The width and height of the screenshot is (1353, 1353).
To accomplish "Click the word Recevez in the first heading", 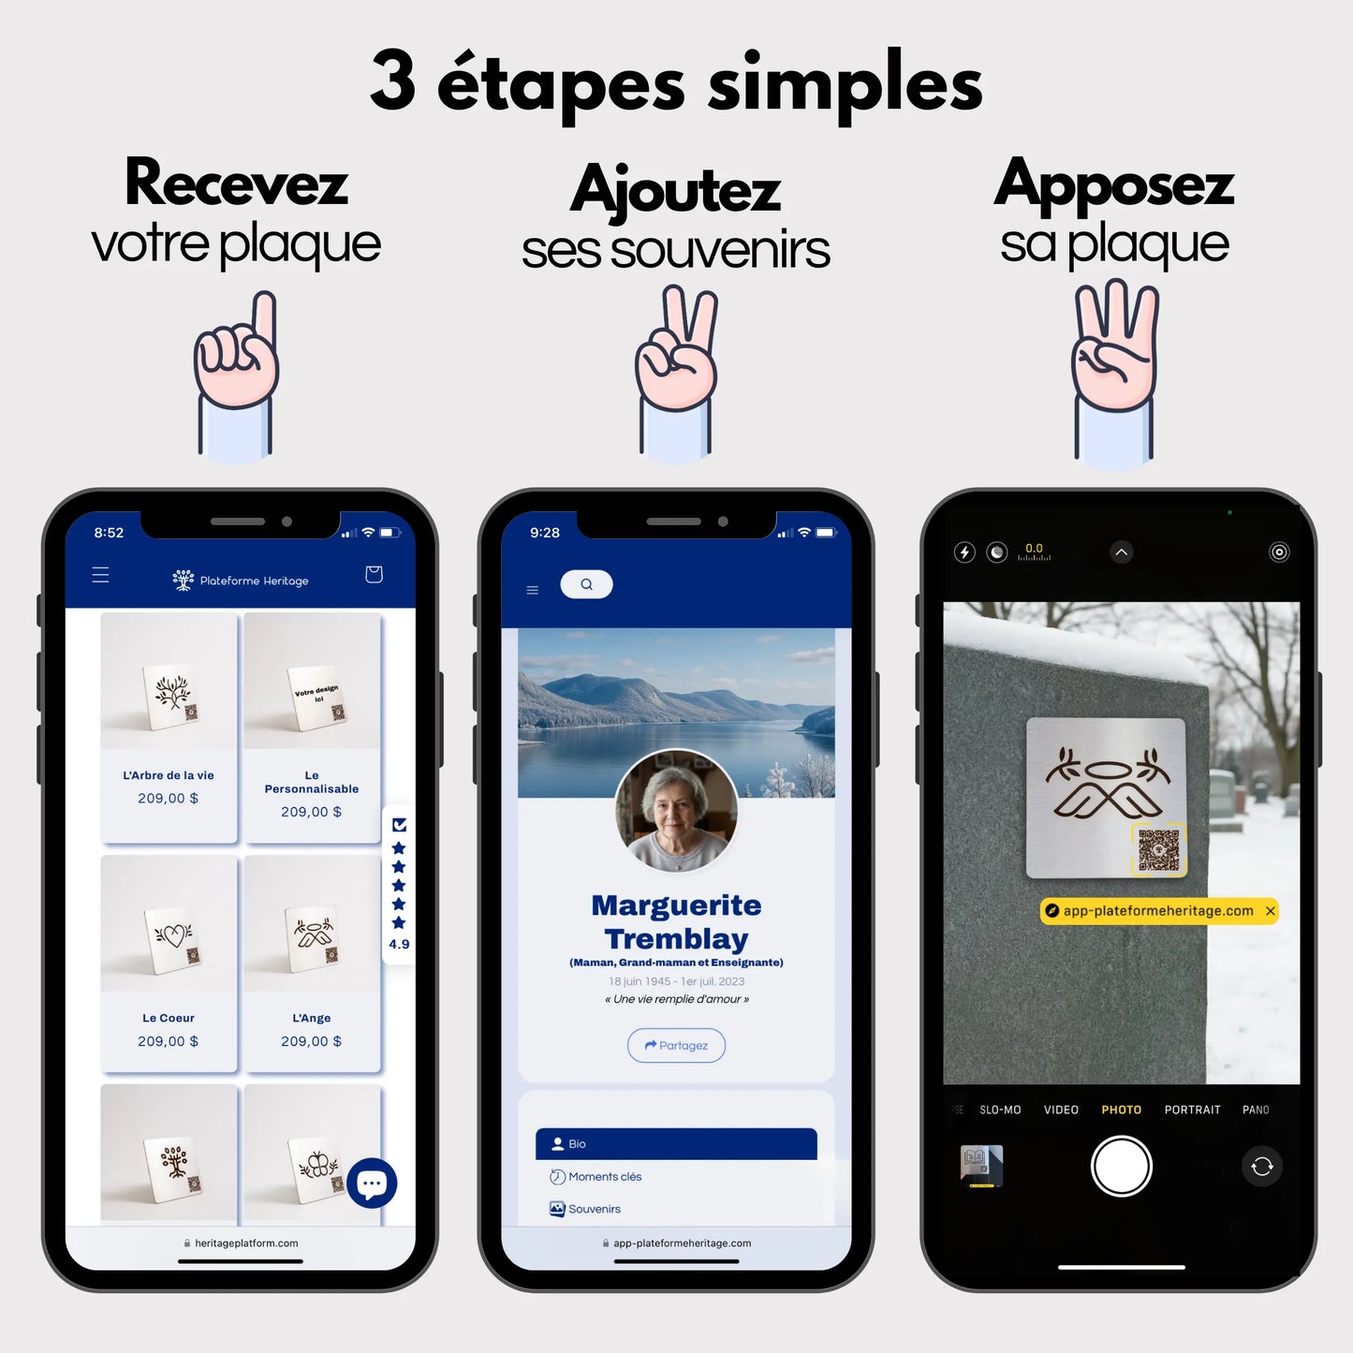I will click(x=236, y=184).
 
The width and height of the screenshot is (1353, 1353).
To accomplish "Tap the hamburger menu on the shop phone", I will click(x=100, y=575).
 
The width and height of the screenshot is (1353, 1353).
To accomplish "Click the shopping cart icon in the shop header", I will click(x=374, y=574).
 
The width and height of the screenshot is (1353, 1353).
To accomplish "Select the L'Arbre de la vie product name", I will click(x=169, y=775).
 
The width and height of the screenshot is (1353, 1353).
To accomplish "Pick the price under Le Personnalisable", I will click(x=311, y=812).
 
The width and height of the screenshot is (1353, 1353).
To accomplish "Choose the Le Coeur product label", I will click(x=169, y=1018).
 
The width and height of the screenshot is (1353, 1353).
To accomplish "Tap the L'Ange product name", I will click(x=311, y=1018).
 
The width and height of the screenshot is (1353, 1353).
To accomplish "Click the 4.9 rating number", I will click(x=399, y=944).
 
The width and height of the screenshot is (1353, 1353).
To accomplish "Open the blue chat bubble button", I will click(x=372, y=1184).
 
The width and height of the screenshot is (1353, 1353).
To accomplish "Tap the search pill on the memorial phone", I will click(x=586, y=584).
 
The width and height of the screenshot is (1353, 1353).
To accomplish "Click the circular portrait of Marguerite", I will click(x=676, y=811).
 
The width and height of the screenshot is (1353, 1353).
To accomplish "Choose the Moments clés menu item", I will click(x=605, y=1177).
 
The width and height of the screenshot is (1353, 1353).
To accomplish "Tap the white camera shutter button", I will click(x=1121, y=1166).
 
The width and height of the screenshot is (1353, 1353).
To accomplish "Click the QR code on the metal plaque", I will click(x=1158, y=849).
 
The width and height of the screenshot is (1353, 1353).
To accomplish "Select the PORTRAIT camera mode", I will click(x=1192, y=1110).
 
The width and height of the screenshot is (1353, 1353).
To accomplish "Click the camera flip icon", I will click(x=1261, y=1166).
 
